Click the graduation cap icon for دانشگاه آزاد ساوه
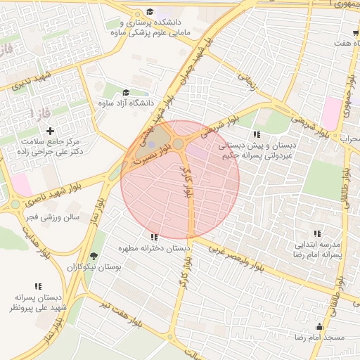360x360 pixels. click(x=126, y=92)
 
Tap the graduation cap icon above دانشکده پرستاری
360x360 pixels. click(x=150, y=12)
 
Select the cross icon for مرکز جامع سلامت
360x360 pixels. click(x=50, y=131)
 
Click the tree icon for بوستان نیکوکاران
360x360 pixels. click(x=94, y=256)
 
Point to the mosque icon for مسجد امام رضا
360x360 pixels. click(x=320, y=327)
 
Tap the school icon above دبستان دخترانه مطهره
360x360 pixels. click(x=154, y=238)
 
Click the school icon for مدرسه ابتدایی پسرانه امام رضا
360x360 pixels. click(x=317, y=233)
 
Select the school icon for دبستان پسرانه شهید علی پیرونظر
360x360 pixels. click(x=38, y=286)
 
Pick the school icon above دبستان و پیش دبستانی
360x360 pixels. click(x=257, y=134)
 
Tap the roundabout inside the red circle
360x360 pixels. click(x=179, y=144)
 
